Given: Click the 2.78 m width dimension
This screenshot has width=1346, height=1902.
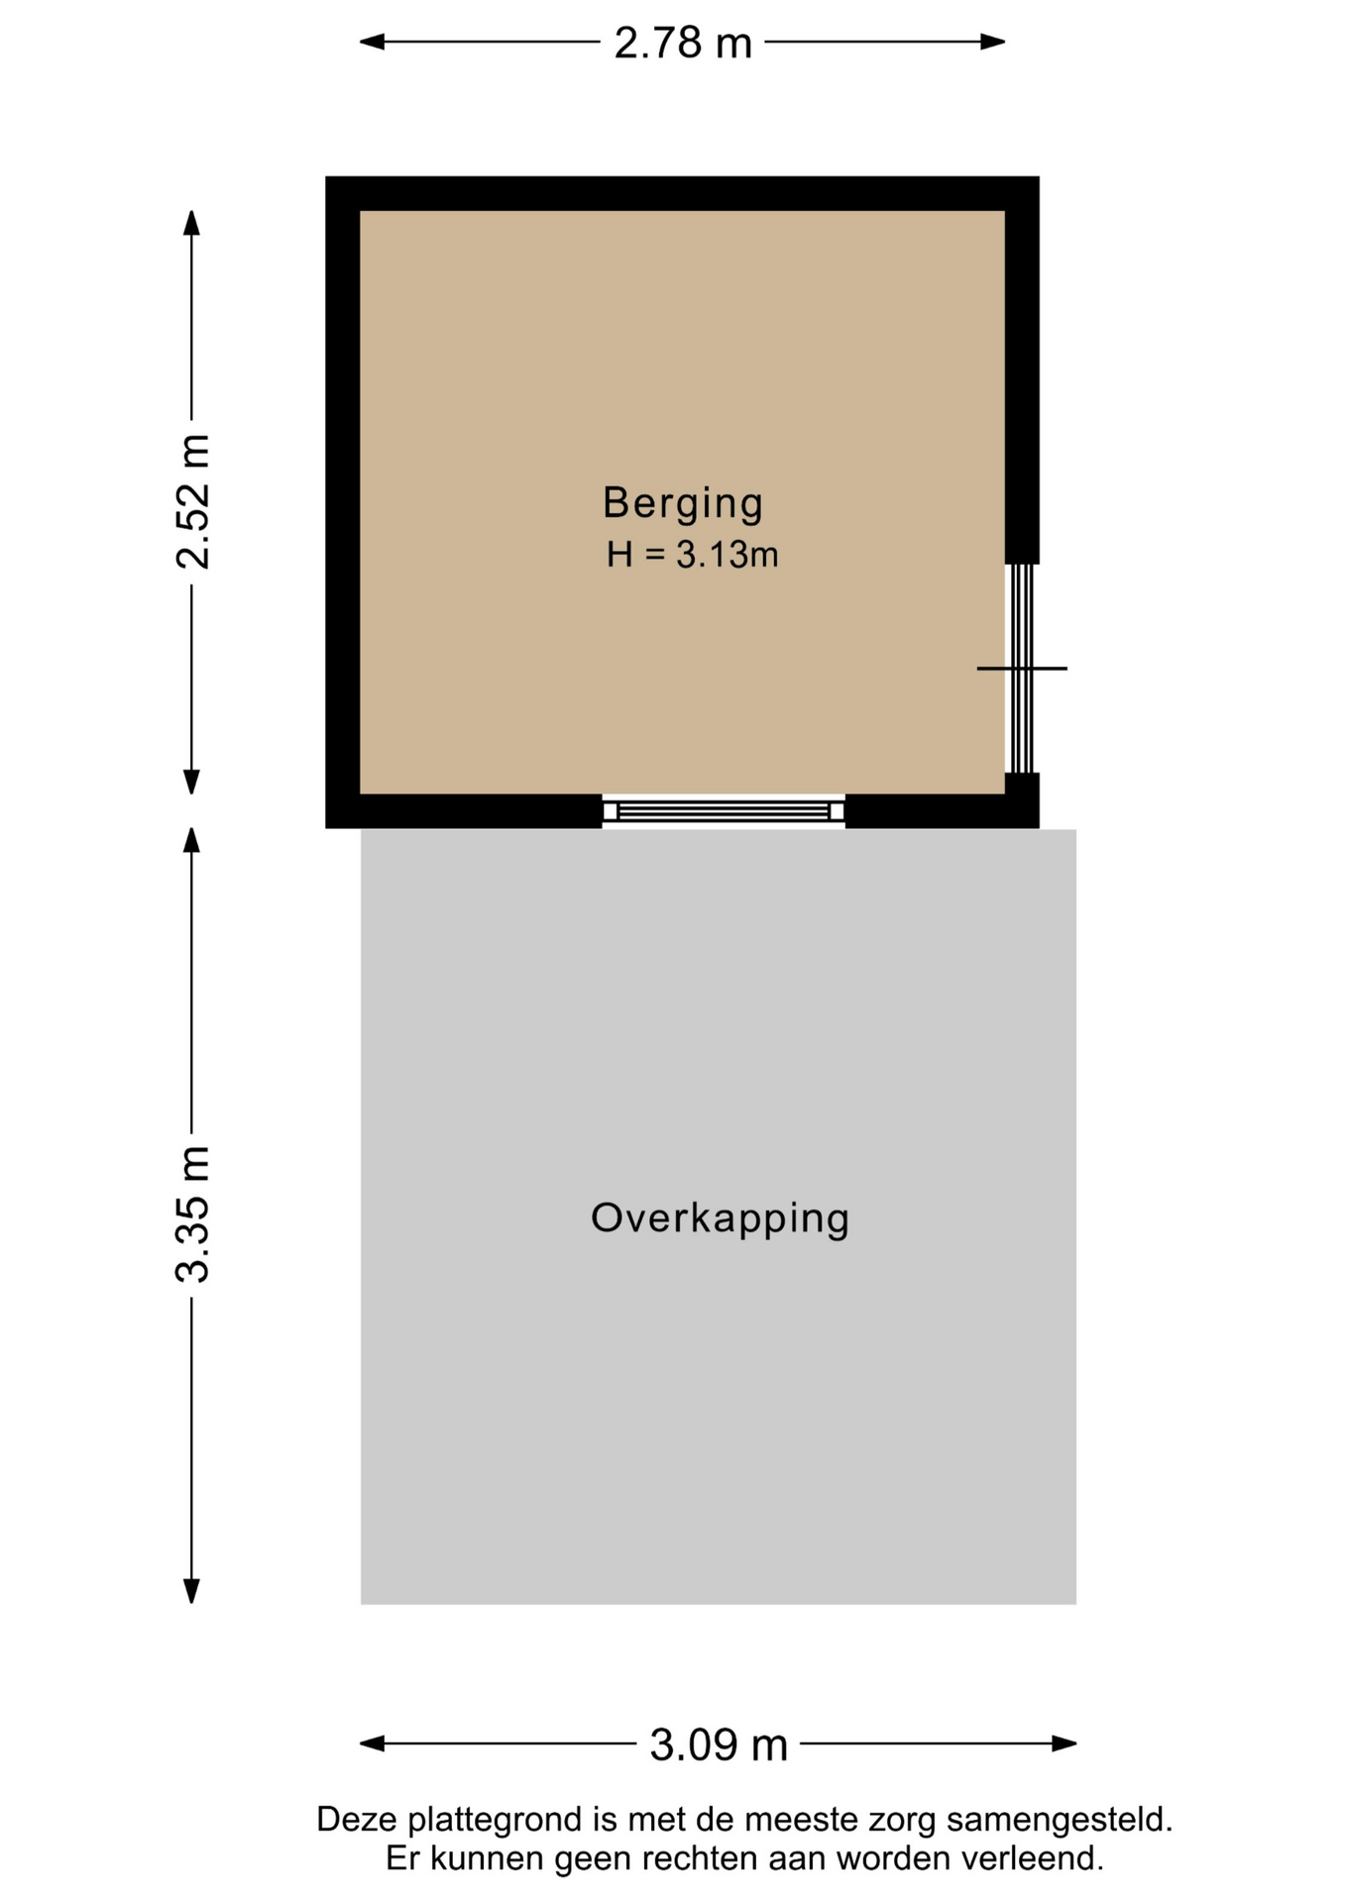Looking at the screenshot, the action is (x=683, y=43).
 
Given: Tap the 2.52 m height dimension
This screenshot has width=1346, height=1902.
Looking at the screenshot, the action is (x=192, y=501).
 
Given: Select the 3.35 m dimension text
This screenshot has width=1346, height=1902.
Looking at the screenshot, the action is (x=192, y=1214).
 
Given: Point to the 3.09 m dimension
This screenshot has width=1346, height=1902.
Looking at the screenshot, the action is (x=719, y=1743).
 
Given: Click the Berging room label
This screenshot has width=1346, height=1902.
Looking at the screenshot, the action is (x=683, y=503).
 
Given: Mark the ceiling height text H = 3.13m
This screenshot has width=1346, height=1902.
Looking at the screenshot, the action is (x=692, y=555).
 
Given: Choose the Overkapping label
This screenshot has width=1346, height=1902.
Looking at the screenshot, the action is (x=721, y=1218).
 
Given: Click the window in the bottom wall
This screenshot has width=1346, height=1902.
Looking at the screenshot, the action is (x=724, y=811).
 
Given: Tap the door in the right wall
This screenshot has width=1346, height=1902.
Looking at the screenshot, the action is (x=1022, y=669).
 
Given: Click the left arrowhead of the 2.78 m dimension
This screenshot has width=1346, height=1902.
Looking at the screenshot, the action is (x=371, y=42).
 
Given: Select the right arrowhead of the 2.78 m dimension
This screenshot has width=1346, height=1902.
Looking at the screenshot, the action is (x=994, y=42).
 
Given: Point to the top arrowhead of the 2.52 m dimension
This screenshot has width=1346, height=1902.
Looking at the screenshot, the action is (x=191, y=222).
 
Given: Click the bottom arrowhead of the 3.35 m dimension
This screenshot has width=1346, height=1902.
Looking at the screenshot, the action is (x=191, y=1591).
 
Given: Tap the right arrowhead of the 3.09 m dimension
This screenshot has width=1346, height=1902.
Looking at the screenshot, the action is (x=1065, y=1743).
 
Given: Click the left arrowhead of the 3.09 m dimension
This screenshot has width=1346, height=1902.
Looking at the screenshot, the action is (x=372, y=1743).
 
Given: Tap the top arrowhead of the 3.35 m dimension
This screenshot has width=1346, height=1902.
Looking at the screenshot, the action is (x=191, y=840).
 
